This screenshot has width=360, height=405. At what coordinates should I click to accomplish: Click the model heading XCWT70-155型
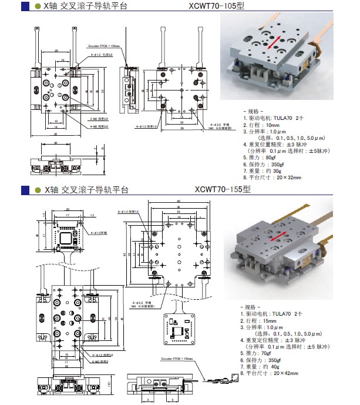click(222, 190)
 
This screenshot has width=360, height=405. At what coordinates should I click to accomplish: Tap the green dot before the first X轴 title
click(38, 6)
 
